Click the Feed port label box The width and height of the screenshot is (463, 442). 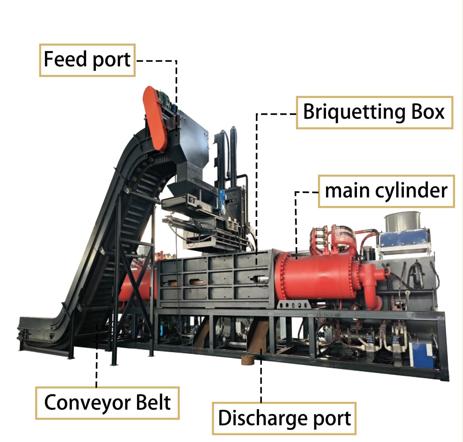point(87,60)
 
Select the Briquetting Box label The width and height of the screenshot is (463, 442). point(374,113)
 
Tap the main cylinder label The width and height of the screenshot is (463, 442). point(386,191)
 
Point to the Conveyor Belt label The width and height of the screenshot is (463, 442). point(107,403)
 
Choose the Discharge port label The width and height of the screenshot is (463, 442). point(284,418)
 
